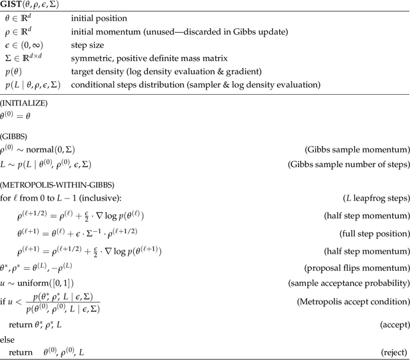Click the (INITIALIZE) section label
pos(24,102)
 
